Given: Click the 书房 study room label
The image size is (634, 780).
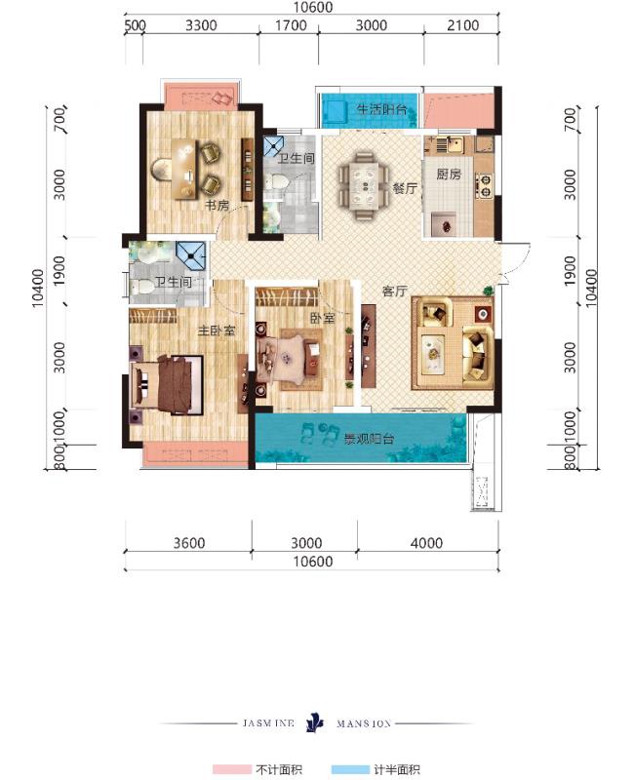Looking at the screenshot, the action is pos(217,205).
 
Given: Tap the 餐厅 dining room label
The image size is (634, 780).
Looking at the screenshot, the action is pos(405,188).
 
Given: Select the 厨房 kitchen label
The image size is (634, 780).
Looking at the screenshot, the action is pos(449,174).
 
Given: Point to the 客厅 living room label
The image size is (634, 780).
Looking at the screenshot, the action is pos(395,291).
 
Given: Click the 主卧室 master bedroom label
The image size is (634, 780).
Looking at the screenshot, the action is pos(217,331).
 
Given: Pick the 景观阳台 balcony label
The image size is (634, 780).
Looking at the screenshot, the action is pos(370,438).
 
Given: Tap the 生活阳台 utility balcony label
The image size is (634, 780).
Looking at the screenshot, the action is pos(381,109).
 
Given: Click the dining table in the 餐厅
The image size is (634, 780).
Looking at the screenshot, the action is pos(364,186).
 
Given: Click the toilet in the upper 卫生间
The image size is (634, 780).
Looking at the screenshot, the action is pos(275,181).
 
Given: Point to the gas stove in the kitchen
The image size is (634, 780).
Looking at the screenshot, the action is pos(484,185).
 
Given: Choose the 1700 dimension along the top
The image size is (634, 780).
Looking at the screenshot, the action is pos(291,25).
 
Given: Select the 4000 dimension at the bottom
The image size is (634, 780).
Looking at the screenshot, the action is pos(426,543).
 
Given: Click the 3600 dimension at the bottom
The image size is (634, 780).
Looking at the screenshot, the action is pos(189,543).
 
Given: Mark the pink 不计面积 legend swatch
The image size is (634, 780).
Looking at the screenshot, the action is pos(231,769).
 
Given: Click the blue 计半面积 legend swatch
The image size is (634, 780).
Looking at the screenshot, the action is pos(350,769).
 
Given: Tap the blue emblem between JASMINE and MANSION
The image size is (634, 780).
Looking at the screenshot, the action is pos(314,722).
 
